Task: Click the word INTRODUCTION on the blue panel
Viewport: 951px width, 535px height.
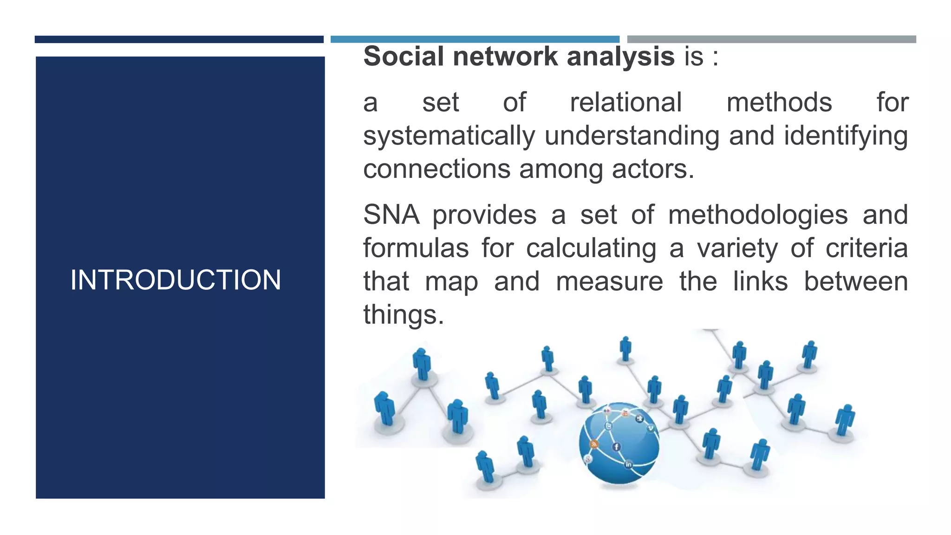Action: tap(176, 280)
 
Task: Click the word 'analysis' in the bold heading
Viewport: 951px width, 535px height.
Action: tap(620, 57)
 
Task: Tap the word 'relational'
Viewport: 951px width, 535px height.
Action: tap(625, 103)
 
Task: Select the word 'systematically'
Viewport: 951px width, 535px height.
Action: tap(449, 136)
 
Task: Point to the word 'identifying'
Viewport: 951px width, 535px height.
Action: tap(846, 136)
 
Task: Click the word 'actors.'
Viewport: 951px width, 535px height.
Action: tap(653, 169)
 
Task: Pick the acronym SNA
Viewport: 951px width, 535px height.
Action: tap(391, 215)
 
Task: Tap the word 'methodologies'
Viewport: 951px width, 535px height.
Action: tap(757, 215)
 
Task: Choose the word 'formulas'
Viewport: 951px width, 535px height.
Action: tap(416, 248)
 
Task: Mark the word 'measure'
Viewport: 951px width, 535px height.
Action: tap(609, 281)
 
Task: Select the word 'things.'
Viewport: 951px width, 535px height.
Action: tap(404, 315)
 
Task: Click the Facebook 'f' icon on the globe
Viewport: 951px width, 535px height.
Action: tap(616, 447)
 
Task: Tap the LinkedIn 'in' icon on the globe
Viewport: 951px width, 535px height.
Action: tap(628, 464)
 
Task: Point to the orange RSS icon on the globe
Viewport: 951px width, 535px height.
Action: tap(593, 444)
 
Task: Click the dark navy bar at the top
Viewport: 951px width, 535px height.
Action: tap(179, 39)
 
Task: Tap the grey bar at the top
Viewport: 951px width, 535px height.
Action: tap(771, 39)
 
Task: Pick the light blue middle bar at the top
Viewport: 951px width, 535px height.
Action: tap(475, 39)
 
